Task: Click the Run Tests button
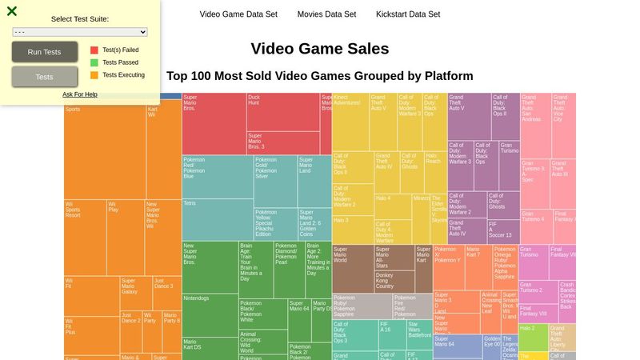click(x=45, y=52)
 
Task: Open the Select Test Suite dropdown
click(x=80, y=32)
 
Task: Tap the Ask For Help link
click(x=80, y=94)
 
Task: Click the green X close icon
click(x=12, y=11)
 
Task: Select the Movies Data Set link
click(x=326, y=14)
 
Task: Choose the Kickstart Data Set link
click(x=408, y=14)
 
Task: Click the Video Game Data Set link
click(x=238, y=14)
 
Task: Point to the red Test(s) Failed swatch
click(x=94, y=50)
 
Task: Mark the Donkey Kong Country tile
click(x=394, y=281)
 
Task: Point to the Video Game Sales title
click(x=320, y=49)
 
